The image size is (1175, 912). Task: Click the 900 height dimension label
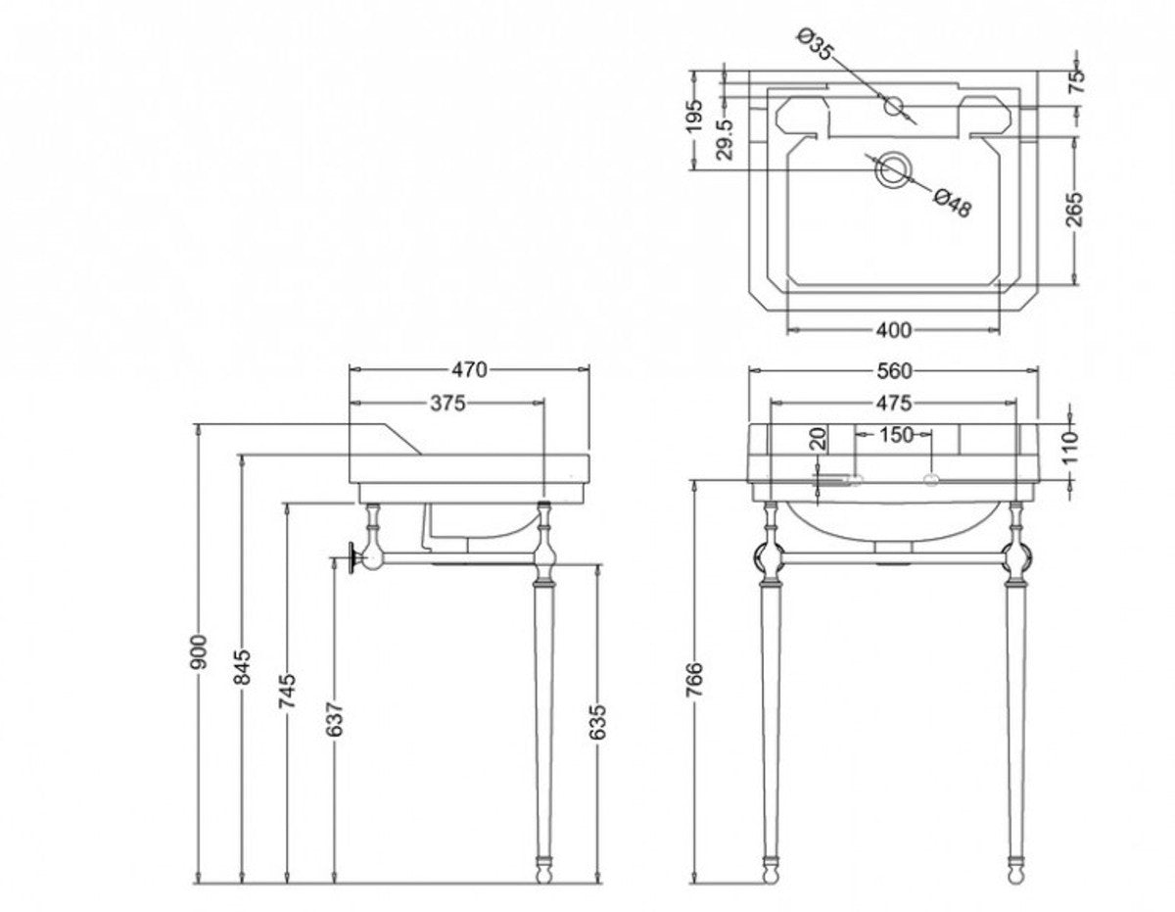(199, 651)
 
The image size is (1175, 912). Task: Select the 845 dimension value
(243, 667)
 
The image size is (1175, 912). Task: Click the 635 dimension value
(599, 721)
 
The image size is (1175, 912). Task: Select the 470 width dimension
(469, 369)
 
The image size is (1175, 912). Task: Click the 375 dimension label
(446, 402)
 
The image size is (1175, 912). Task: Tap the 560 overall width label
(893, 370)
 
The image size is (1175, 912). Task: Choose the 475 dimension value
(893, 403)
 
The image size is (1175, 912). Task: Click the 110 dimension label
(1069, 446)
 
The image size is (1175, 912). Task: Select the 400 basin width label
(893, 329)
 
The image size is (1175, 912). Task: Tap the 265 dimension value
(1075, 209)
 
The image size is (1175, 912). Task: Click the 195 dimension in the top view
(694, 116)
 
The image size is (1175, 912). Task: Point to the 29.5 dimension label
(726, 140)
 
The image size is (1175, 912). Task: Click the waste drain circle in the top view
(892, 170)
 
